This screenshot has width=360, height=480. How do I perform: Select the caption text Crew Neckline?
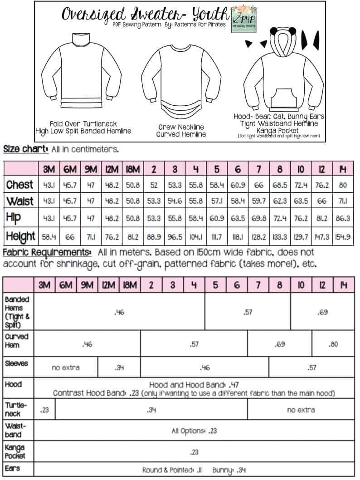181,127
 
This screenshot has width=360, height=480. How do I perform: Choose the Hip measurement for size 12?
323,218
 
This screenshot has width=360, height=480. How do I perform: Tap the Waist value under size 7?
258,201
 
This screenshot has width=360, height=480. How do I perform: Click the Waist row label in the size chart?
19,201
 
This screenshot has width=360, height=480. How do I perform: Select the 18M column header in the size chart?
130,169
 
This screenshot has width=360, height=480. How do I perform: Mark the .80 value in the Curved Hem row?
333,344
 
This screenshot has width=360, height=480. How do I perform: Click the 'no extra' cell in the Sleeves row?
66,367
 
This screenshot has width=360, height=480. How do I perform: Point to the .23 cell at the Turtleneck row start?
44,410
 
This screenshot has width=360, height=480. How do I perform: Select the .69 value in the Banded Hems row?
322,312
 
